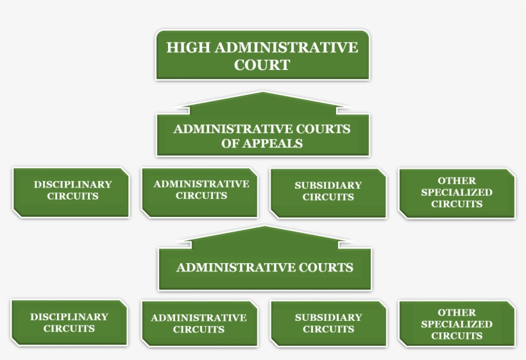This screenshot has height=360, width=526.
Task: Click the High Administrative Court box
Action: point(262,55)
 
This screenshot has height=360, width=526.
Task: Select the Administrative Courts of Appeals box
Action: point(262,135)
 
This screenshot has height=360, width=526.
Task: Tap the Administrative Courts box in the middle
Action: point(264,268)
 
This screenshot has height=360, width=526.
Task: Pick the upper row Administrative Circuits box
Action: point(200,191)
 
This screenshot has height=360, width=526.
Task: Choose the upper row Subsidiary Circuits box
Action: point(328,192)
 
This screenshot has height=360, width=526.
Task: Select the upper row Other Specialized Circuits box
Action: point(456,193)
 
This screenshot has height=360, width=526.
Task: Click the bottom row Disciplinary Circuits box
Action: point(69,323)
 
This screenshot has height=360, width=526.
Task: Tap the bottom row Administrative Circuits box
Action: point(198,323)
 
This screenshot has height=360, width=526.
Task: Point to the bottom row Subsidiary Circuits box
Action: point(328,323)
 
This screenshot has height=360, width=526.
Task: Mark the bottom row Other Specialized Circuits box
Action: point(456,323)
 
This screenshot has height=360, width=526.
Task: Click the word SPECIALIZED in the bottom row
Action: point(457,324)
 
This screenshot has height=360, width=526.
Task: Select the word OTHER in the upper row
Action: point(457,180)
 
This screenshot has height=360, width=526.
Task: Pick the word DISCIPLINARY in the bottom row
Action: point(69,316)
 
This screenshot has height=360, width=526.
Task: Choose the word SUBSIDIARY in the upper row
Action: point(328,185)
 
